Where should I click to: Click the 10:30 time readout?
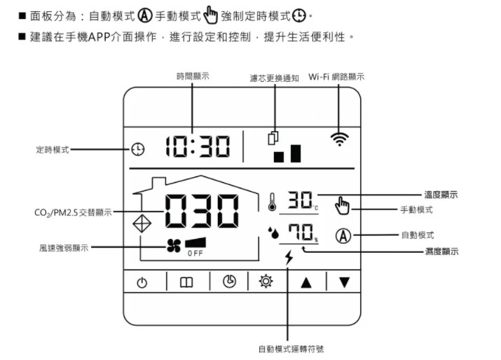pyautogui.click(x=198, y=147)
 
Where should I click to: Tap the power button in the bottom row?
pyautogui.click(x=143, y=282)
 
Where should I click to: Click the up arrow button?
pyautogui.click(x=306, y=282)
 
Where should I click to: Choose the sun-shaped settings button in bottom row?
pyautogui.click(x=266, y=282)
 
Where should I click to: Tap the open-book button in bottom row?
pyautogui.click(x=186, y=282)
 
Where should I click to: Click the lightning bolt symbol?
pyautogui.click(x=289, y=258)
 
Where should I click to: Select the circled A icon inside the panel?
pyautogui.click(x=343, y=235)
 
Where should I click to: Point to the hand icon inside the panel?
pyautogui.click(x=342, y=205)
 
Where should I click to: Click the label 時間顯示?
pyautogui.click(x=193, y=76)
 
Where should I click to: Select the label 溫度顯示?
pyautogui.click(x=441, y=195)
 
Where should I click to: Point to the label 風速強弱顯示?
pyautogui.click(x=64, y=247)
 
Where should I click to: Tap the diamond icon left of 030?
pyautogui.click(x=142, y=223)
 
